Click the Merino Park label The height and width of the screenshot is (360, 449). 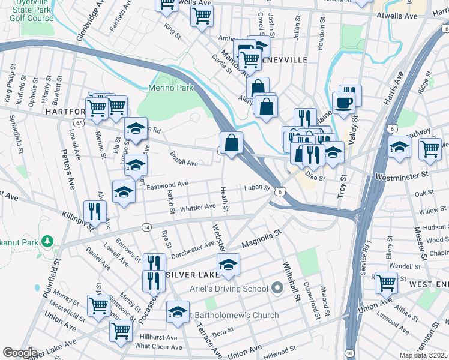(171, 88)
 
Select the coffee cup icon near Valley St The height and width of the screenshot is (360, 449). (343, 103)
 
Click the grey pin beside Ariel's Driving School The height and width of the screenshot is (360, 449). (277, 289)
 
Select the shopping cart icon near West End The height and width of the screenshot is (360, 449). (386, 282)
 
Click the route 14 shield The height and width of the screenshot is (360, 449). (146, 227)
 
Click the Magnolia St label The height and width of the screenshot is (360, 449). (261, 238)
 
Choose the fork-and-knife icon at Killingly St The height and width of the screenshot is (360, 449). (95, 211)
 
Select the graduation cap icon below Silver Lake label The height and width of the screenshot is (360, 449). (228, 264)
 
